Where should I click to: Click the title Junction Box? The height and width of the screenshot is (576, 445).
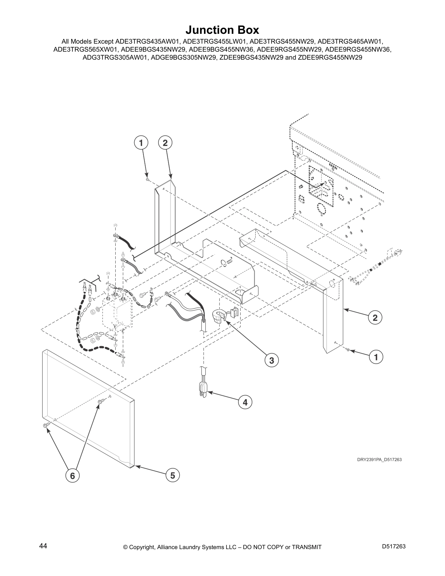(222, 29)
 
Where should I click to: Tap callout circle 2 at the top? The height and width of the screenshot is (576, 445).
(165, 143)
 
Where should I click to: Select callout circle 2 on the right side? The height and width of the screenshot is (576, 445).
(375, 317)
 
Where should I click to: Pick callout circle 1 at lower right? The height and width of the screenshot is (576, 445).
(376, 357)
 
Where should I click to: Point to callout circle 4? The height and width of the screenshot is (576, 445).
(245, 402)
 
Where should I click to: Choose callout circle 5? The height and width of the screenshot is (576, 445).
(172, 475)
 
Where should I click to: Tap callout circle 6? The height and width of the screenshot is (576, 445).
(72, 475)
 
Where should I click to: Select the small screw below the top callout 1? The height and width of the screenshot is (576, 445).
(147, 180)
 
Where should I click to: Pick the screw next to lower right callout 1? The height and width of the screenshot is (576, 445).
(348, 350)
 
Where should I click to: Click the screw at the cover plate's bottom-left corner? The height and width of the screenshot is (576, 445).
(46, 425)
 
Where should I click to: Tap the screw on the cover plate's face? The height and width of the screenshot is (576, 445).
(101, 401)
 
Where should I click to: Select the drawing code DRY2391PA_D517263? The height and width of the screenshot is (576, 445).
(379, 460)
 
